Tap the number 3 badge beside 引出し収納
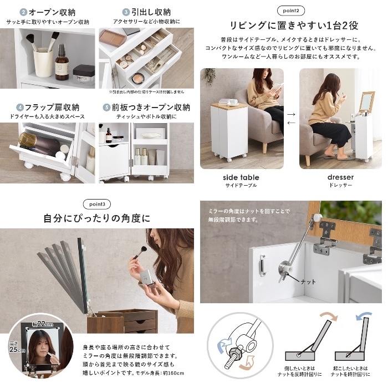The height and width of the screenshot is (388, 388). (x=126, y=12)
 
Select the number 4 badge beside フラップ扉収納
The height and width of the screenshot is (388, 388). (x=20, y=108)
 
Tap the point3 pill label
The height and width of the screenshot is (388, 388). (x=96, y=203)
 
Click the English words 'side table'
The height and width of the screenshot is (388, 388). (x=241, y=177)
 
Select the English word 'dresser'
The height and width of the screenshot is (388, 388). (x=340, y=177)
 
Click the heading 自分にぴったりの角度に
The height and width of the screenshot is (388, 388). (x=96, y=218)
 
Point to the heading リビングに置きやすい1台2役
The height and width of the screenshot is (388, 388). (x=291, y=25)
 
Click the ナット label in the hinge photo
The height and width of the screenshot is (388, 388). (x=308, y=282)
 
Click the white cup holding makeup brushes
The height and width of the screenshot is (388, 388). (x=42, y=62)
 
